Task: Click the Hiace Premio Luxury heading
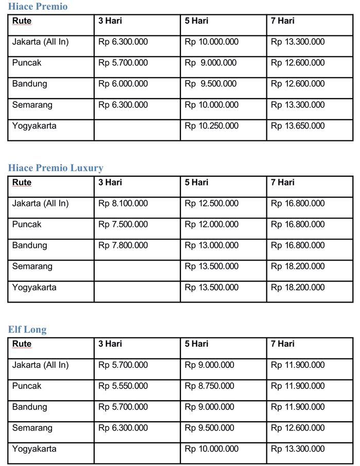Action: coord(56,168)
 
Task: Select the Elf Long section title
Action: coord(27,329)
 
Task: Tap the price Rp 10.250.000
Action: coord(211,126)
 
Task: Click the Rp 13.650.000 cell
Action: coord(298,126)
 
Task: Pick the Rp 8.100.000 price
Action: coord(123,203)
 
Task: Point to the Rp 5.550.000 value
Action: coord(123,386)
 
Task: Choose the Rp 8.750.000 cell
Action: coord(209,386)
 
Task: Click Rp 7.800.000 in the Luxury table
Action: coord(123,246)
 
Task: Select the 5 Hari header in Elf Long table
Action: coord(196,344)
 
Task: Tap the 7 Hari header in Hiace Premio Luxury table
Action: coord(283,182)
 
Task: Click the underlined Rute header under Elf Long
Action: coord(22,344)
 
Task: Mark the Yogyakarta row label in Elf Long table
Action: coord(34,449)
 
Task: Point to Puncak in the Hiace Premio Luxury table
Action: coord(27,225)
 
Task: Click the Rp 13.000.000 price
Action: coord(211,246)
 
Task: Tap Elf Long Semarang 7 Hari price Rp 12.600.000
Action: coord(298,428)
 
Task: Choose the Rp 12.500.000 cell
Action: coord(211,203)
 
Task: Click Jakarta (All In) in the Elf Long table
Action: coord(40,365)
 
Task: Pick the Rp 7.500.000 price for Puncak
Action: coord(123,225)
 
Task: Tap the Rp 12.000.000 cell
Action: coord(211,225)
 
